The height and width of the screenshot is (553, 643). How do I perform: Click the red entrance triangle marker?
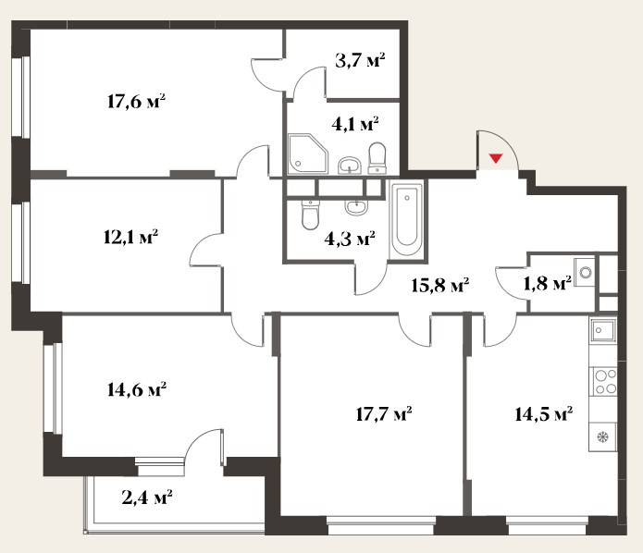(496, 158)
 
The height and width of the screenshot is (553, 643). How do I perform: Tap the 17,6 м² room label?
(137, 101)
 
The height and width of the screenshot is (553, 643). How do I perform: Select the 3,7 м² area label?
(360, 61)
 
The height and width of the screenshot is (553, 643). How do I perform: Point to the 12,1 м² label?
(130, 237)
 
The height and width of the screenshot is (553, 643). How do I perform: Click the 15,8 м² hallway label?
(440, 285)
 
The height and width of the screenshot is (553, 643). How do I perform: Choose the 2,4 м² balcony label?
(147, 498)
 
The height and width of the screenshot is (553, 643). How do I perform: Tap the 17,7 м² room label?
(384, 414)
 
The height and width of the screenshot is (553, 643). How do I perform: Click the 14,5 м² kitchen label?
(544, 414)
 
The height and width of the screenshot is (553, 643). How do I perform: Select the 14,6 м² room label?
(137, 389)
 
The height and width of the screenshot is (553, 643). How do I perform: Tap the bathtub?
(407, 219)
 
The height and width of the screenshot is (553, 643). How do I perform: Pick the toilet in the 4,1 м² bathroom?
(377, 158)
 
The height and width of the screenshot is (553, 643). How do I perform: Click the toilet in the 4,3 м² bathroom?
(310, 214)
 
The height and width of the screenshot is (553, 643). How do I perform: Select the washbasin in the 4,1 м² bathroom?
(350, 166)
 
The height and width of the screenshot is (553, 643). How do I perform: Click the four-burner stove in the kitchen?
(603, 381)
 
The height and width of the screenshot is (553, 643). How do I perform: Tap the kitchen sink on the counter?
(603, 330)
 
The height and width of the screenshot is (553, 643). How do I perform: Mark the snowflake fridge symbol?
(603, 437)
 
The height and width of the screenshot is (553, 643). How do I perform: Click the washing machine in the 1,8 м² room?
(585, 271)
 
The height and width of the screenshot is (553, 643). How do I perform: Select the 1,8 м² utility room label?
(548, 283)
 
